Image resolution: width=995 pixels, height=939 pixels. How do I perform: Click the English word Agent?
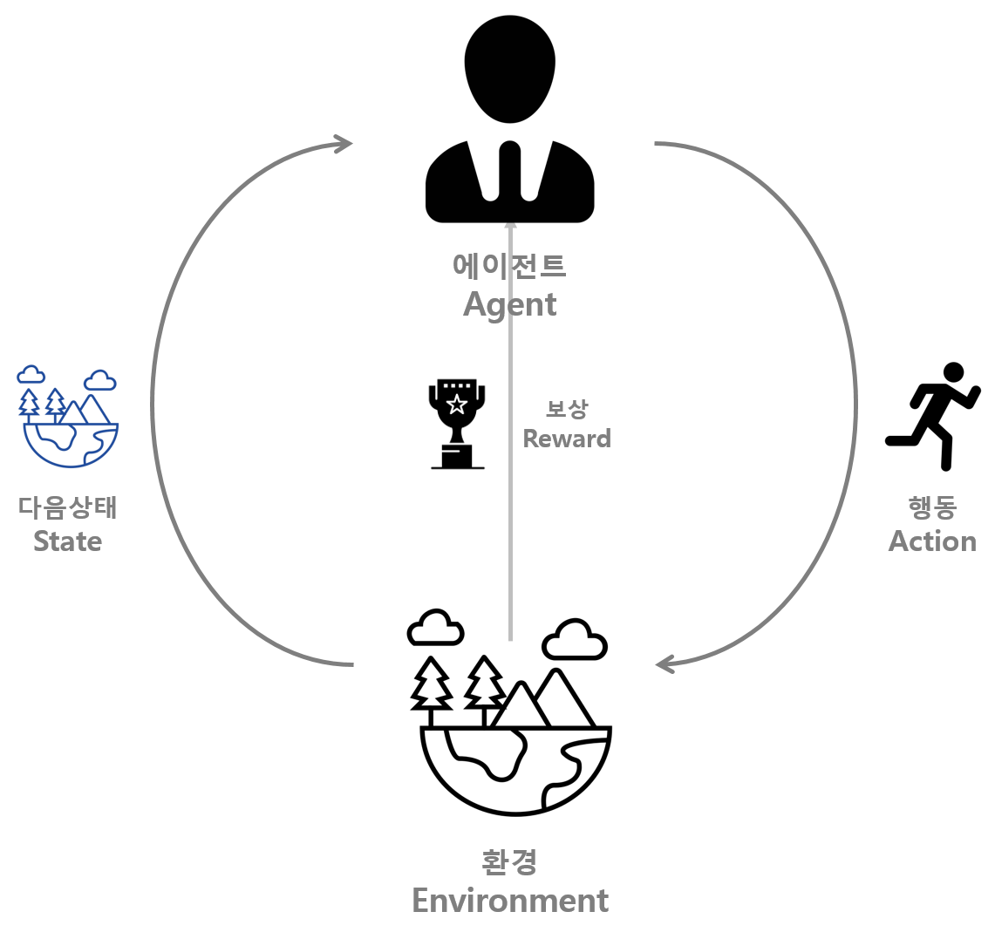(x=509, y=305)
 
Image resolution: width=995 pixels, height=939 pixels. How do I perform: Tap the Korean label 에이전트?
(x=509, y=265)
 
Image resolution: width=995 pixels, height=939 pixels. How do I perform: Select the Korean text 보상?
(x=567, y=408)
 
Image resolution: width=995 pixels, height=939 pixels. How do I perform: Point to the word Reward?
(x=567, y=438)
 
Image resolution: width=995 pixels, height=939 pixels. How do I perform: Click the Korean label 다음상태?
(x=68, y=507)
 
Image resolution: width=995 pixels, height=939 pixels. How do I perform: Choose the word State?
(x=68, y=541)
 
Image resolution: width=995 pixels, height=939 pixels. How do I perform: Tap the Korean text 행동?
(x=932, y=507)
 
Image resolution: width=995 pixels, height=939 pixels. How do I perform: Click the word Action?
(x=932, y=541)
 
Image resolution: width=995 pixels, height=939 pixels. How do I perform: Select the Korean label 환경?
(x=509, y=861)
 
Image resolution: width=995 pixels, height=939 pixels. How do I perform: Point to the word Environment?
(x=509, y=900)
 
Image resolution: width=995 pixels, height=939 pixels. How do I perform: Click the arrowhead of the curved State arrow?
(x=344, y=144)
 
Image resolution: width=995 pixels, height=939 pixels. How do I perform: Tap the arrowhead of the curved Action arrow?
(x=665, y=664)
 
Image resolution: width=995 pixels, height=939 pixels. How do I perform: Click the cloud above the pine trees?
(x=31, y=375)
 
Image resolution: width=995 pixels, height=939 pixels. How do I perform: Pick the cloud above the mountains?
(x=100, y=379)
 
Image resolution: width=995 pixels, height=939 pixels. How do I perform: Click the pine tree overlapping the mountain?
(x=55, y=405)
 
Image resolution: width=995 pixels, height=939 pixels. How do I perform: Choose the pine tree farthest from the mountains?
(x=29, y=405)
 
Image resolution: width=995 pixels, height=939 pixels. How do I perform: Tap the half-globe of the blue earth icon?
(x=70, y=445)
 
